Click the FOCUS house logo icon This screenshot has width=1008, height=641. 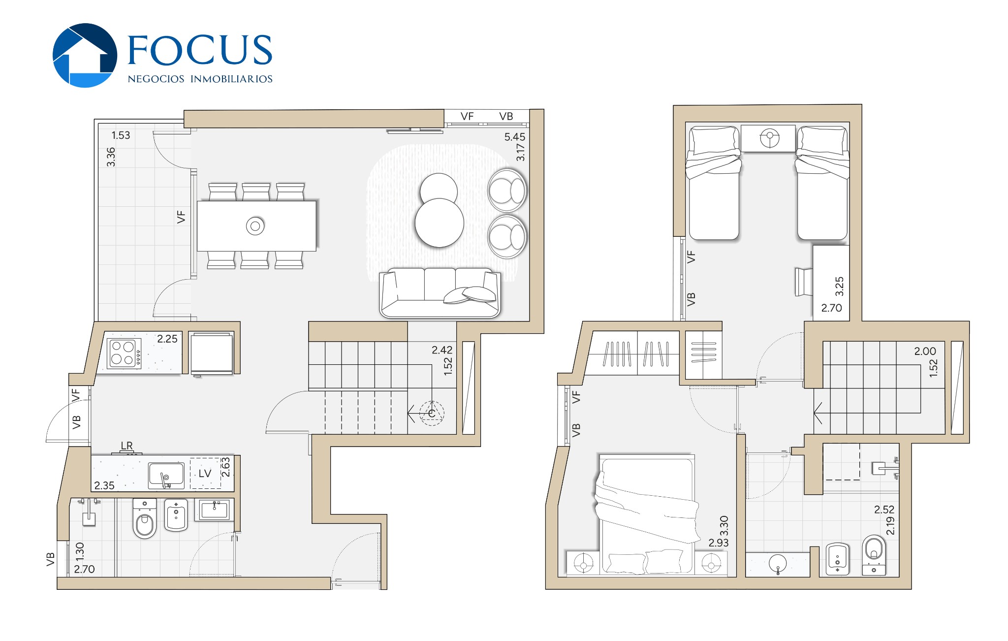(85, 55)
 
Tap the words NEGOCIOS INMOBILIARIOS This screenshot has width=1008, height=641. (200, 79)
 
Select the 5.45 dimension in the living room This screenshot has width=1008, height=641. (514, 137)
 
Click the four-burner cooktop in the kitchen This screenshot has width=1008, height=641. (124, 353)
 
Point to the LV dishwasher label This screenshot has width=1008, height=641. (205, 474)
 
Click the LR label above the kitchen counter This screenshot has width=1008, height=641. (126, 446)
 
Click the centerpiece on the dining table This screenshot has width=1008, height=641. (255, 226)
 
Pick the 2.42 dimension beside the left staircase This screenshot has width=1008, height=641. (441, 350)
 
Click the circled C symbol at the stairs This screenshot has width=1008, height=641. (432, 413)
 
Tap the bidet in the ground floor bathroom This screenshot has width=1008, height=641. (176, 515)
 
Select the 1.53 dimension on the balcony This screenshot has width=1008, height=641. (121, 135)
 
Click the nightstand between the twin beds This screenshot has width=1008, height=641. (768, 138)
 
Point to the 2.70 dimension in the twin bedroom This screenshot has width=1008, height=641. (831, 308)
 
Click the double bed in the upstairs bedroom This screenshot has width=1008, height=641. (647, 514)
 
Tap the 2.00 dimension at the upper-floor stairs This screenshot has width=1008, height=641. (925, 351)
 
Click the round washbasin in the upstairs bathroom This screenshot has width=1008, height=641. (778, 563)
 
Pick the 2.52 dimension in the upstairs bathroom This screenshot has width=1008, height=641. (884, 510)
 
